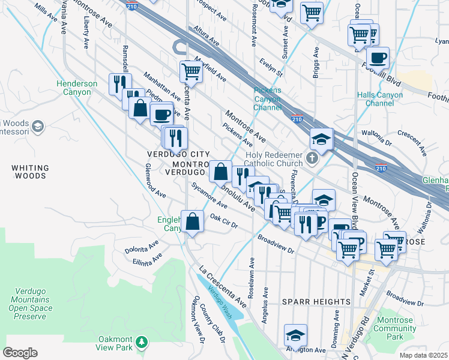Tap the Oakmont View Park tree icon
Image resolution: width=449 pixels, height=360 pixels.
(142, 342)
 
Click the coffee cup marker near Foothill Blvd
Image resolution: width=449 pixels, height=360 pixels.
(378, 59)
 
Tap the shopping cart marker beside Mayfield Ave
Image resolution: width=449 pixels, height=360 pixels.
(191, 72)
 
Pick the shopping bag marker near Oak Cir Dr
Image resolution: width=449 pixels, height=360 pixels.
(193, 221)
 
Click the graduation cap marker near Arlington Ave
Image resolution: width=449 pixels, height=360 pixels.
(295, 335)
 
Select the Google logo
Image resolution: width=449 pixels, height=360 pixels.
(20, 353)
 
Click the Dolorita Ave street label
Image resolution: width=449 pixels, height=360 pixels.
(140, 248)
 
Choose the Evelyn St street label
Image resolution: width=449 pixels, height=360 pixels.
(271, 67)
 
